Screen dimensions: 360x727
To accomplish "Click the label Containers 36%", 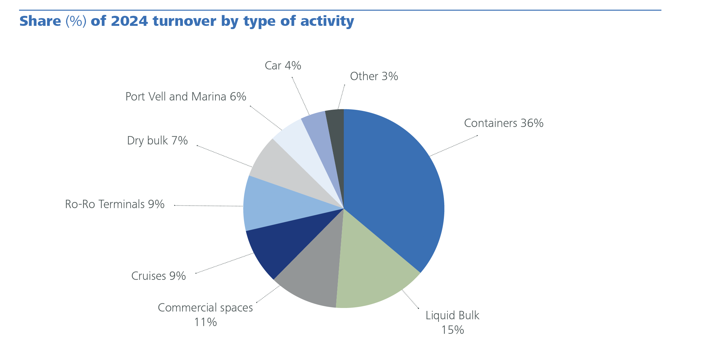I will point(503,123).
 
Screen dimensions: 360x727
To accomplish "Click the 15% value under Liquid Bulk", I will point(452,330).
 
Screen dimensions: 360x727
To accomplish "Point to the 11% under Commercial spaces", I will point(205,322).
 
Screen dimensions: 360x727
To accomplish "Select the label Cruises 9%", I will point(158,276).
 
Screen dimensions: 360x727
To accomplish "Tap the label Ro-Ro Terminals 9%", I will point(115,204).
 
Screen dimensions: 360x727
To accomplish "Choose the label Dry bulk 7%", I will point(157,141).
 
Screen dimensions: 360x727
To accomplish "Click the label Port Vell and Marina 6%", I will point(186,97).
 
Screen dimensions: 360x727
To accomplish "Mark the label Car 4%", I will point(283,66).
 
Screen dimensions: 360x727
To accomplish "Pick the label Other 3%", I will point(374,76).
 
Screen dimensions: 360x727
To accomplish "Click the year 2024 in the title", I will point(129,21).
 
